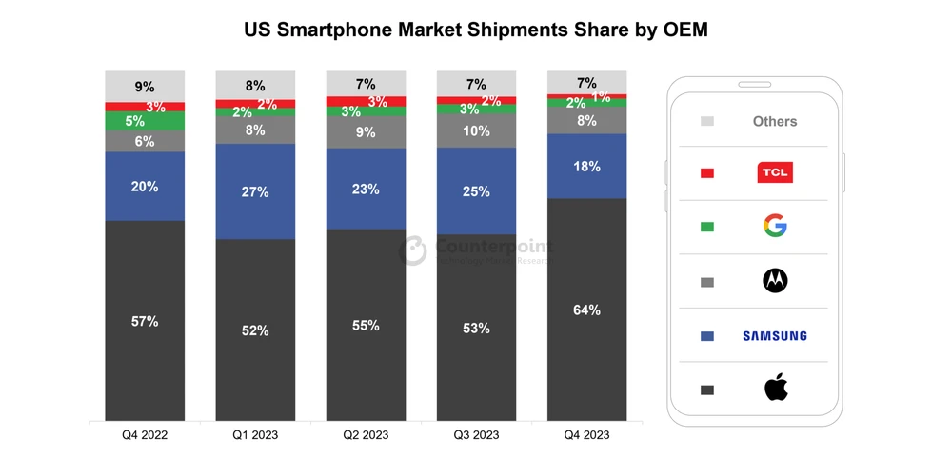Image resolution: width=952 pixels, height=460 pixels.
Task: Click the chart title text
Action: (476, 30)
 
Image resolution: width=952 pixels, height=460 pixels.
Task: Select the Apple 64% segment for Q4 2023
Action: (586, 310)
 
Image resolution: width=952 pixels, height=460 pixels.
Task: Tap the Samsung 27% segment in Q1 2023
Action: (255, 191)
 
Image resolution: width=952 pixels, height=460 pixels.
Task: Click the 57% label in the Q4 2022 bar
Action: (145, 321)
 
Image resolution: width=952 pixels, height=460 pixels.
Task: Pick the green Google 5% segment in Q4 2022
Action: (145, 121)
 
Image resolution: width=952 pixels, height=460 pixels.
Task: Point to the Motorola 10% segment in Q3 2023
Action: (476, 130)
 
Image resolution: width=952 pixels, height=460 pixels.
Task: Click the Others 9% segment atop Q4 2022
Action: (145, 86)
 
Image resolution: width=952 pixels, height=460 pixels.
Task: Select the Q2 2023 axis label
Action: (366, 435)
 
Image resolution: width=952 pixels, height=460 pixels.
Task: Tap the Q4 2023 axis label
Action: (586, 435)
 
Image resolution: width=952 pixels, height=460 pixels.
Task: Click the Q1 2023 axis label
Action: (255, 435)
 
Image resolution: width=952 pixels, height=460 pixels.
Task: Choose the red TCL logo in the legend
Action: (775, 172)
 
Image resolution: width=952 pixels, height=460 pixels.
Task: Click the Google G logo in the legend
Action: (775, 226)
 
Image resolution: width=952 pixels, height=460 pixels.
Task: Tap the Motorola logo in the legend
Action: (775, 280)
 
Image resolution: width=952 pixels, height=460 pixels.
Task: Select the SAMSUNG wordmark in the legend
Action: (775, 335)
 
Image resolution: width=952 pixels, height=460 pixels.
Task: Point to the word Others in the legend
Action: (775, 121)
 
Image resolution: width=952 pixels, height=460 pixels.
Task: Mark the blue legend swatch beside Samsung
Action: (706, 336)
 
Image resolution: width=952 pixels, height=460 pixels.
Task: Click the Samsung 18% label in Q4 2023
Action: (586, 167)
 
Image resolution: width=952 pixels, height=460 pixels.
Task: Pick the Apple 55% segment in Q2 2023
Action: (366, 325)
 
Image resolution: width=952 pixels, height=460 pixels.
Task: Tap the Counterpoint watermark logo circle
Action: (412, 250)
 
